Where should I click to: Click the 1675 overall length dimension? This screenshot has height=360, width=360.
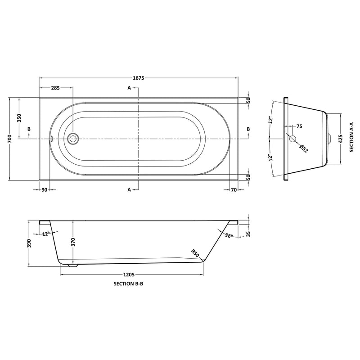click(138, 78)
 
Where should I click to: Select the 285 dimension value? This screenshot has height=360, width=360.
click(55, 88)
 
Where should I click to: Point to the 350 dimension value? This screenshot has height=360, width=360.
click(19, 118)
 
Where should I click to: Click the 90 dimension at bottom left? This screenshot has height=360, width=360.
click(45, 190)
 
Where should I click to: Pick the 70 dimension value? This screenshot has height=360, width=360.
click(234, 190)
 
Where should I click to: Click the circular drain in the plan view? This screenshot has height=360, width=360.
click(72, 139)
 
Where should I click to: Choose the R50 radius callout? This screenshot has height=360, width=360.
click(195, 253)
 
